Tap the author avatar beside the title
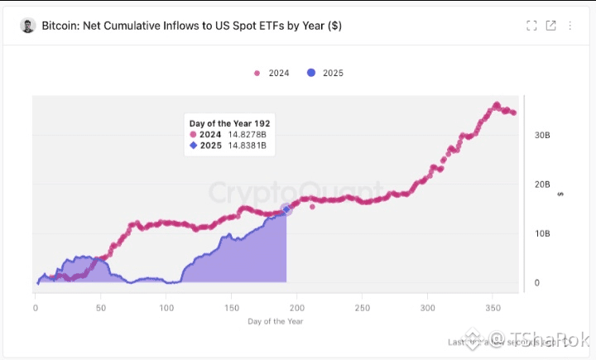[x=27, y=26]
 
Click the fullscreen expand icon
[x=532, y=26]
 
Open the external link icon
[x=551, y=26]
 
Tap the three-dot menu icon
[x=570, y=26]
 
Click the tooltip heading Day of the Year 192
[x=229, y=123]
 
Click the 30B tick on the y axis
[x=541, y=134]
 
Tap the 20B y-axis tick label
[x=541, y=184]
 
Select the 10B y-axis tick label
[x=541, y=233]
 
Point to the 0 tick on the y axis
[x=536, y=283]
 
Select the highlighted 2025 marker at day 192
[x=286, y=209]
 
